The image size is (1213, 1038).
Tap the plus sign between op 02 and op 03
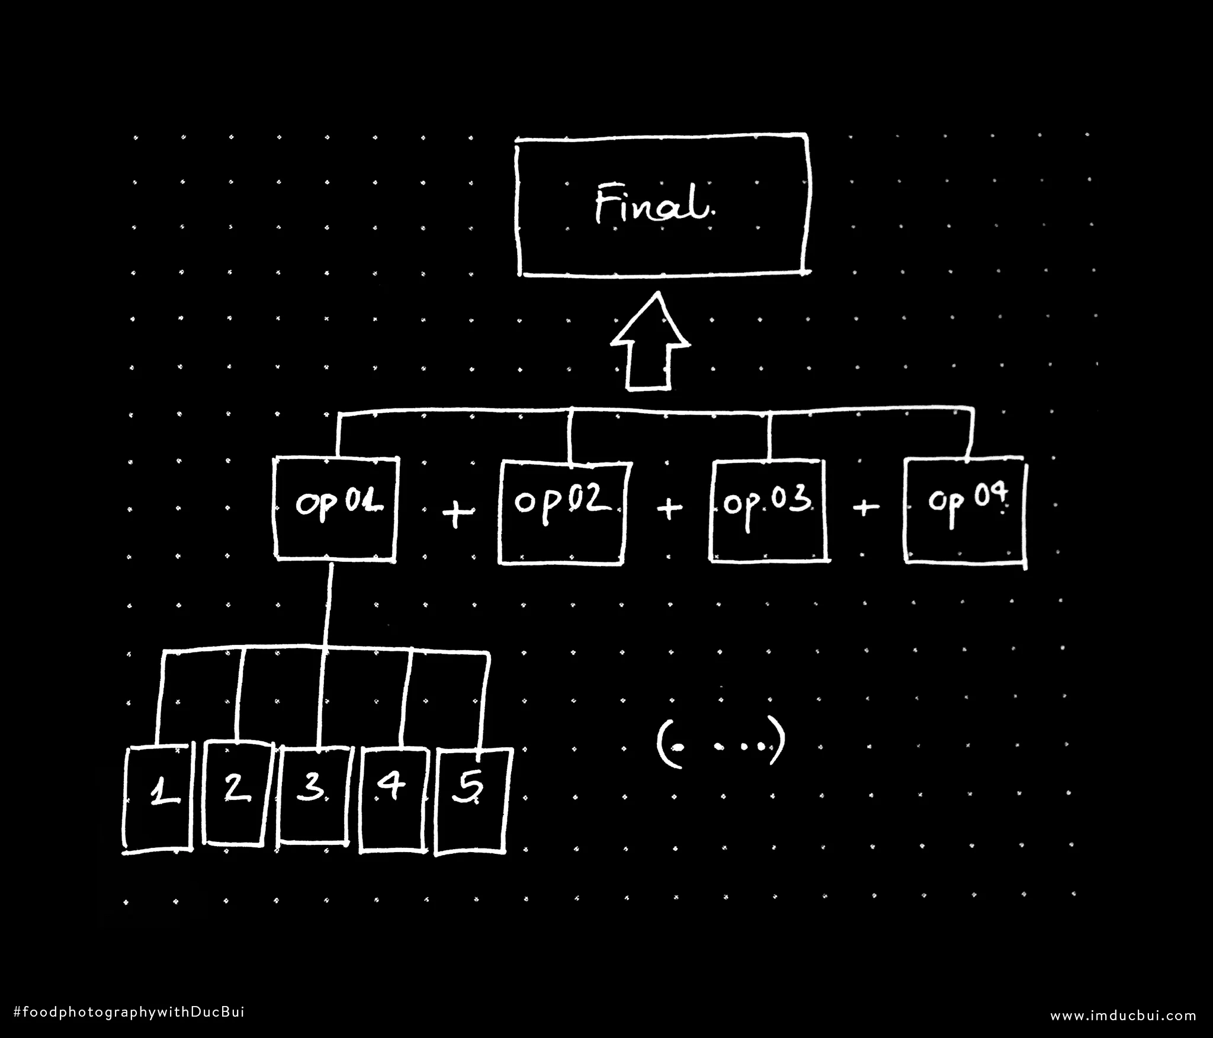pos(669,507)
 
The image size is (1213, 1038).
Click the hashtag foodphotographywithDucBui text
pos(128,1012)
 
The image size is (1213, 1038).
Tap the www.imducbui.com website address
pos(1124,1015)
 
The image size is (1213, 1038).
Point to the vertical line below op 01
pos(328,606)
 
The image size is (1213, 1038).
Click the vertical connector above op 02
pos(570,435)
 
